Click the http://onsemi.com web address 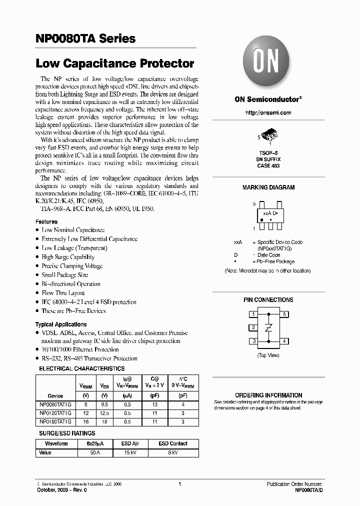[268, 113]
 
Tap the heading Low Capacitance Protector [115, 64]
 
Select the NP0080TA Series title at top [85, 38]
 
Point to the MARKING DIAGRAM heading [268, 187]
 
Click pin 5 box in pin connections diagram [284, 314]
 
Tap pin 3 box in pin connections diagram [254, 341]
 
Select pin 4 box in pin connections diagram [284, 341]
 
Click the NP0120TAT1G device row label [55, 413]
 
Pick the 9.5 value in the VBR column [104, 404]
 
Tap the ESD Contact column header [173, 443]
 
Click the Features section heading [46, 221]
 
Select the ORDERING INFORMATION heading [268, 395]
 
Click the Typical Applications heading [61, 324]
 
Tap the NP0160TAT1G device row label [55, 421]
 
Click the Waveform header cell [56, 443]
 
